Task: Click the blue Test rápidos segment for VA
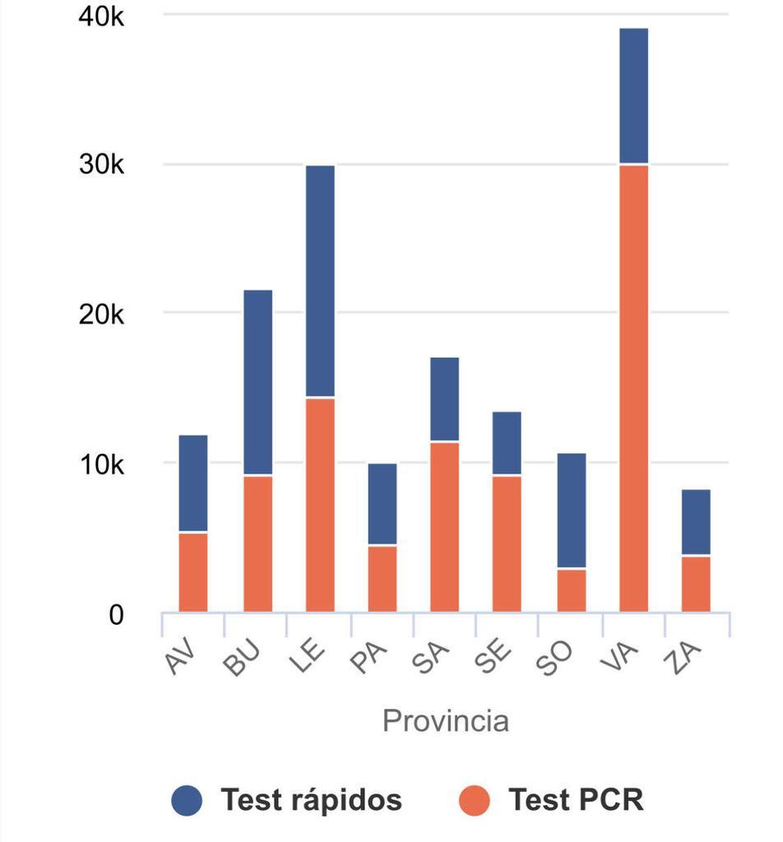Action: [x=633, y=96]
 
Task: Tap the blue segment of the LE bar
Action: [x=320, y=281]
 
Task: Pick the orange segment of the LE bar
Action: [x=320, y=505]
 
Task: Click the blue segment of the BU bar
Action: [x=257, y=382]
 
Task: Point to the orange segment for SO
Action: [x=572, y=590]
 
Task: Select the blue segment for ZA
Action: [x=696, y=523]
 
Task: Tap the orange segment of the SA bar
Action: [x=445, y=527]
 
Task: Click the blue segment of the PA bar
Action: [x=382, y=504]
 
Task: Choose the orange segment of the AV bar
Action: [x=193, y=572]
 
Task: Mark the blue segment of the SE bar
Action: [x=507, y=443]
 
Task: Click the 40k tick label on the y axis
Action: [x=101, y=16]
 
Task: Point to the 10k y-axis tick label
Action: [x=101, y=465]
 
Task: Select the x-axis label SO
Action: [x=559, y=659]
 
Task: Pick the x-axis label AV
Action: [x=182, y=659]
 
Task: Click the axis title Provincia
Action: [x=446, y=721]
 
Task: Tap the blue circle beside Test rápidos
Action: [x=187, y=800]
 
